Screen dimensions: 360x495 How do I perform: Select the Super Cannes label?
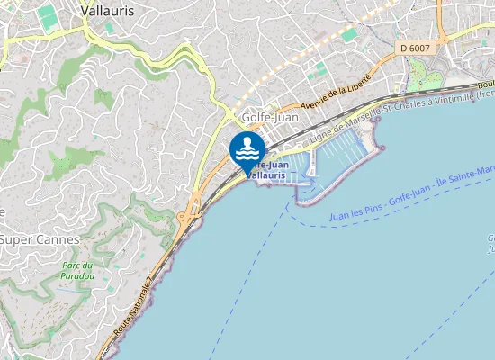click(x=40, y=240)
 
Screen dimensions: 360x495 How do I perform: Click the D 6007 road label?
click(x=416, y=47)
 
